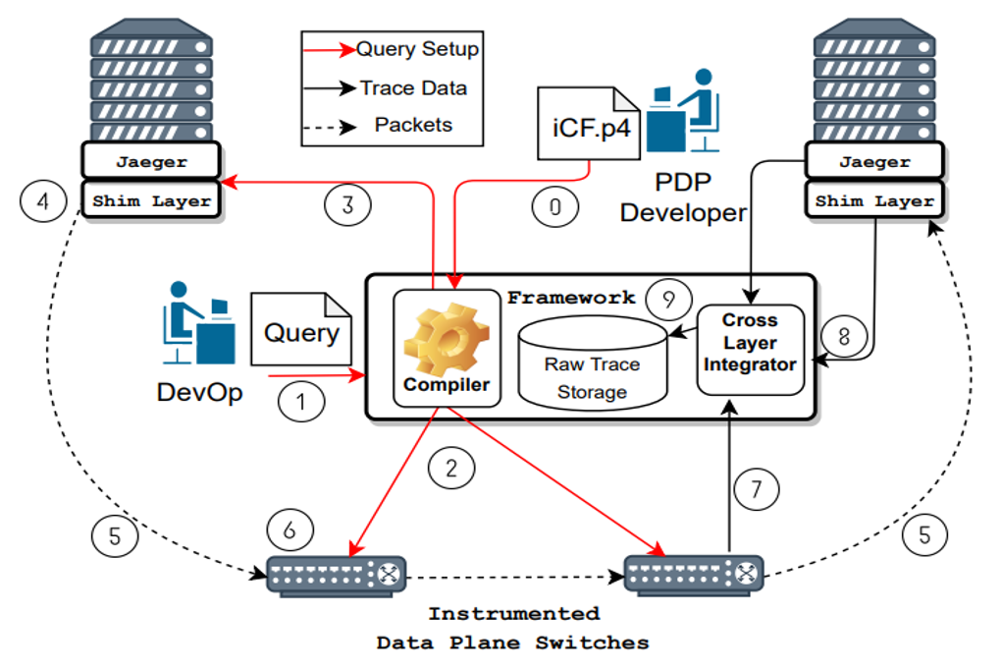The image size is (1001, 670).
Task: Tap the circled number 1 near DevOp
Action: click(300, 401)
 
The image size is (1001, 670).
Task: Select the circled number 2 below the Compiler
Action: click(450, 469)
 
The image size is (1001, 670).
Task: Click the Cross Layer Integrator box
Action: click(750, 346)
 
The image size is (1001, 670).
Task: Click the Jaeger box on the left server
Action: click(151, 161)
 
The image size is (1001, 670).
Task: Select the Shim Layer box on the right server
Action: click(872, 200)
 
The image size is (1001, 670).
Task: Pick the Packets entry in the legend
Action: click(412, 125)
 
